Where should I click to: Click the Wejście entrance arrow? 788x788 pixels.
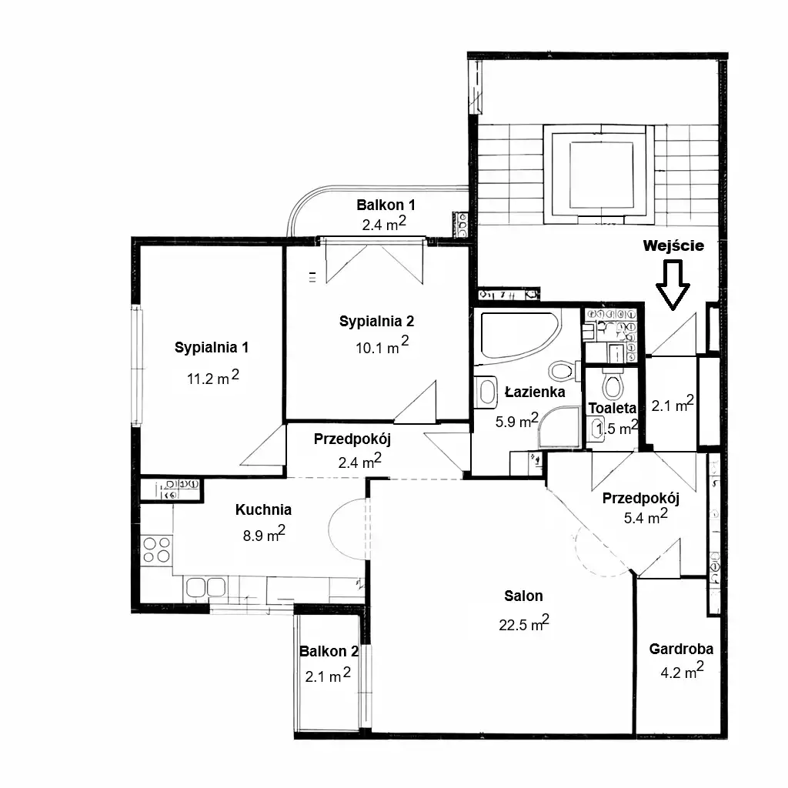(x=673, y=285)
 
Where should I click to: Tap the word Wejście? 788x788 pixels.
(x=673, y=245)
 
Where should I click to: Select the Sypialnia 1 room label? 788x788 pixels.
(x=212, y=347)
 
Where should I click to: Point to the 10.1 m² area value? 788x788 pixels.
(x=382, y=346)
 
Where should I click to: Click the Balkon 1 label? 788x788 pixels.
(x=386, y=205)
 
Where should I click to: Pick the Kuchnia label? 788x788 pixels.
(x=263, y=509)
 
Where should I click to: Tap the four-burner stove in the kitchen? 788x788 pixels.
(x=156, y=549)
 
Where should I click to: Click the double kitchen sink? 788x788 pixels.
(x=205, y=587)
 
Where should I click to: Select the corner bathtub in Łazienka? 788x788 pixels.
(x=520, y=336)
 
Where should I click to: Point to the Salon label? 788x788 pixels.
(x=523, y=596)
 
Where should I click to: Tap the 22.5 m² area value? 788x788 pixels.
(x=523, y=623)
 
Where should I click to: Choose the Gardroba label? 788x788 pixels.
(x=682, y=649)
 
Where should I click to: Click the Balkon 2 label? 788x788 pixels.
(x=329, y=651)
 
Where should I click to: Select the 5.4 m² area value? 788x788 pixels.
(x=646, y=516)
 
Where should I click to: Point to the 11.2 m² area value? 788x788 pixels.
(x=213, y=377)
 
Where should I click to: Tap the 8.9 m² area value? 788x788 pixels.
(x=264, y=534)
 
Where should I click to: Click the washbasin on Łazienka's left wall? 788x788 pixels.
(x=486, y=392)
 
